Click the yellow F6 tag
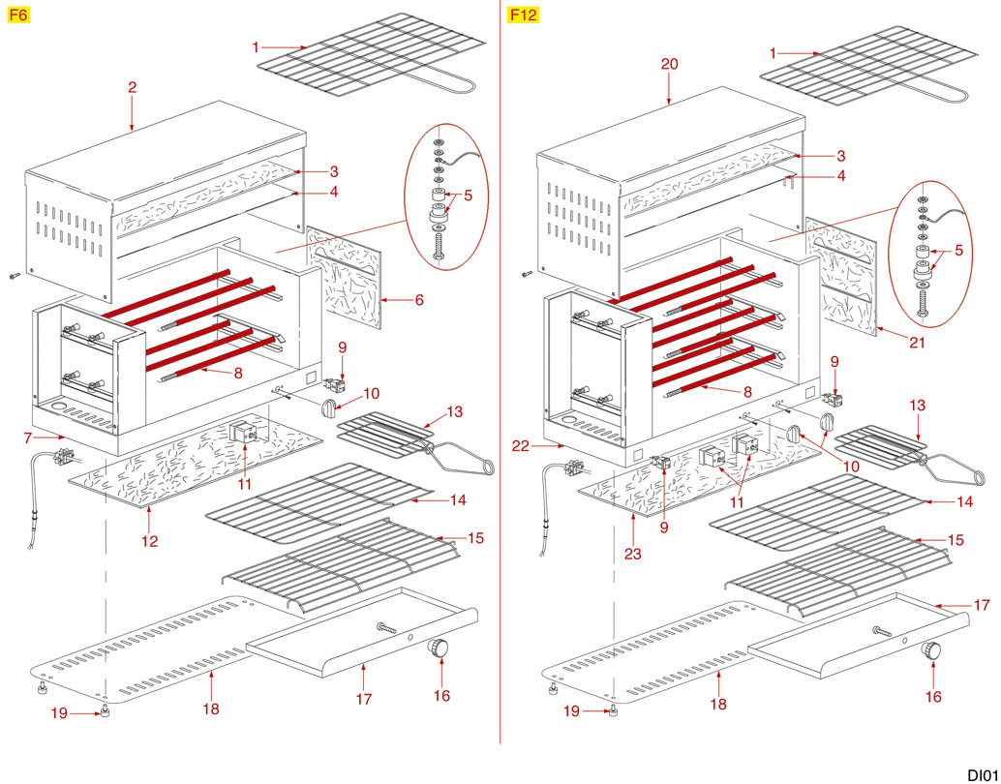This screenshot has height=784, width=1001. point(19,15)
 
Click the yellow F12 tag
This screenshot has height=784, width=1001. point(523,15)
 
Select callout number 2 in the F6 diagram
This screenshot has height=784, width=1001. point(132,87)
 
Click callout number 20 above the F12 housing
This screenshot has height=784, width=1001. point(670,64)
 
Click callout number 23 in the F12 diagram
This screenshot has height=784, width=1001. point(632,554)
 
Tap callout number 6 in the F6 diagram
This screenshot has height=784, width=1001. point(419,300)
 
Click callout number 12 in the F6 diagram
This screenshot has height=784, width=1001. point(149,541)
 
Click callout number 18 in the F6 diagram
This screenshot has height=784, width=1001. point(211,709)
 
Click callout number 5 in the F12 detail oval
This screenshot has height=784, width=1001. point(959,250)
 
